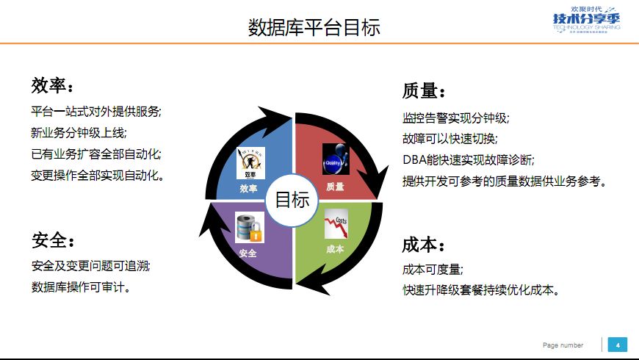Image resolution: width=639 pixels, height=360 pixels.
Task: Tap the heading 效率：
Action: [x=52, y=87]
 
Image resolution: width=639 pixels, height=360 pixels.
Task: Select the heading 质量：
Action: [x=424, y=92]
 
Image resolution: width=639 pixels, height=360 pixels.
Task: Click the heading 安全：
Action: [x=53, y=240]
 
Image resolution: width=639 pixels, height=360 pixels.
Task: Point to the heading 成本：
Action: [x=424, y=245]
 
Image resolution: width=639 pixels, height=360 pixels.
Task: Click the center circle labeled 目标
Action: [x=292, y=200]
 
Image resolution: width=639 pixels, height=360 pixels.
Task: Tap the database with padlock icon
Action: [x=249, y=227]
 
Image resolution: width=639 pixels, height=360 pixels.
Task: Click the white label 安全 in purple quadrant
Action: [x=248, y=253]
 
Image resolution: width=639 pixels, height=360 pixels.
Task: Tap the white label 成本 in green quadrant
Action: [x=335, y=249]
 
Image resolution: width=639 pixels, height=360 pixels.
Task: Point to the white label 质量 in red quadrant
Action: [x=335, y=187]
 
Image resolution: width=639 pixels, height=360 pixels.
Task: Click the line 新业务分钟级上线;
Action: [x=79, y=133]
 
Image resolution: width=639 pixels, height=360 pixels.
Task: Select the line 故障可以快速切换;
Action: [x=450, y=138]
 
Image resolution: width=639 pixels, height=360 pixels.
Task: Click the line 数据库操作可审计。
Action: [x=82, y=287]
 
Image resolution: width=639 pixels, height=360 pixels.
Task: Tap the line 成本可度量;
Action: [x=433, y=269]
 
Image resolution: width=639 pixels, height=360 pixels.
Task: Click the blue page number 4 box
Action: [x=617, y=345]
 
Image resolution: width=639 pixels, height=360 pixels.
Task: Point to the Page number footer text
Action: [x=563, y=345]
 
